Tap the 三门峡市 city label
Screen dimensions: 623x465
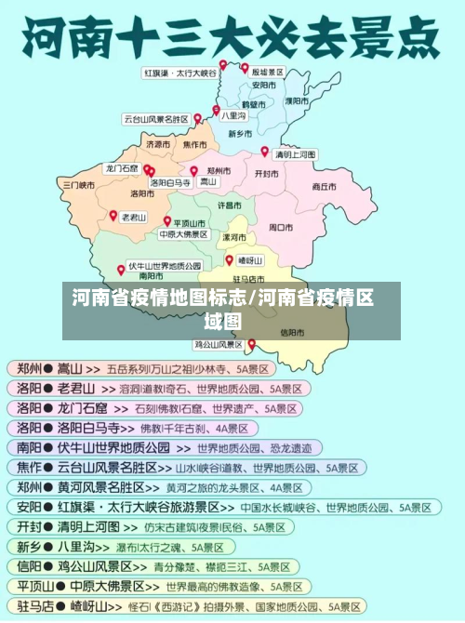coord(79,185)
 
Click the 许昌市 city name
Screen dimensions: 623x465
coord(230,204)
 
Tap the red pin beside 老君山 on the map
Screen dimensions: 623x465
coord(113,214)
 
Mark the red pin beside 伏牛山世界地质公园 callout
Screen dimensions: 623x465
coord(121,269)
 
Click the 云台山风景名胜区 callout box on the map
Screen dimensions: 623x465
coord(156,119)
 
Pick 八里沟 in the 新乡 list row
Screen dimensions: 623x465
coord(77,547)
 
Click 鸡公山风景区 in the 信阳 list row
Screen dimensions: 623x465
coord(96,566)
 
